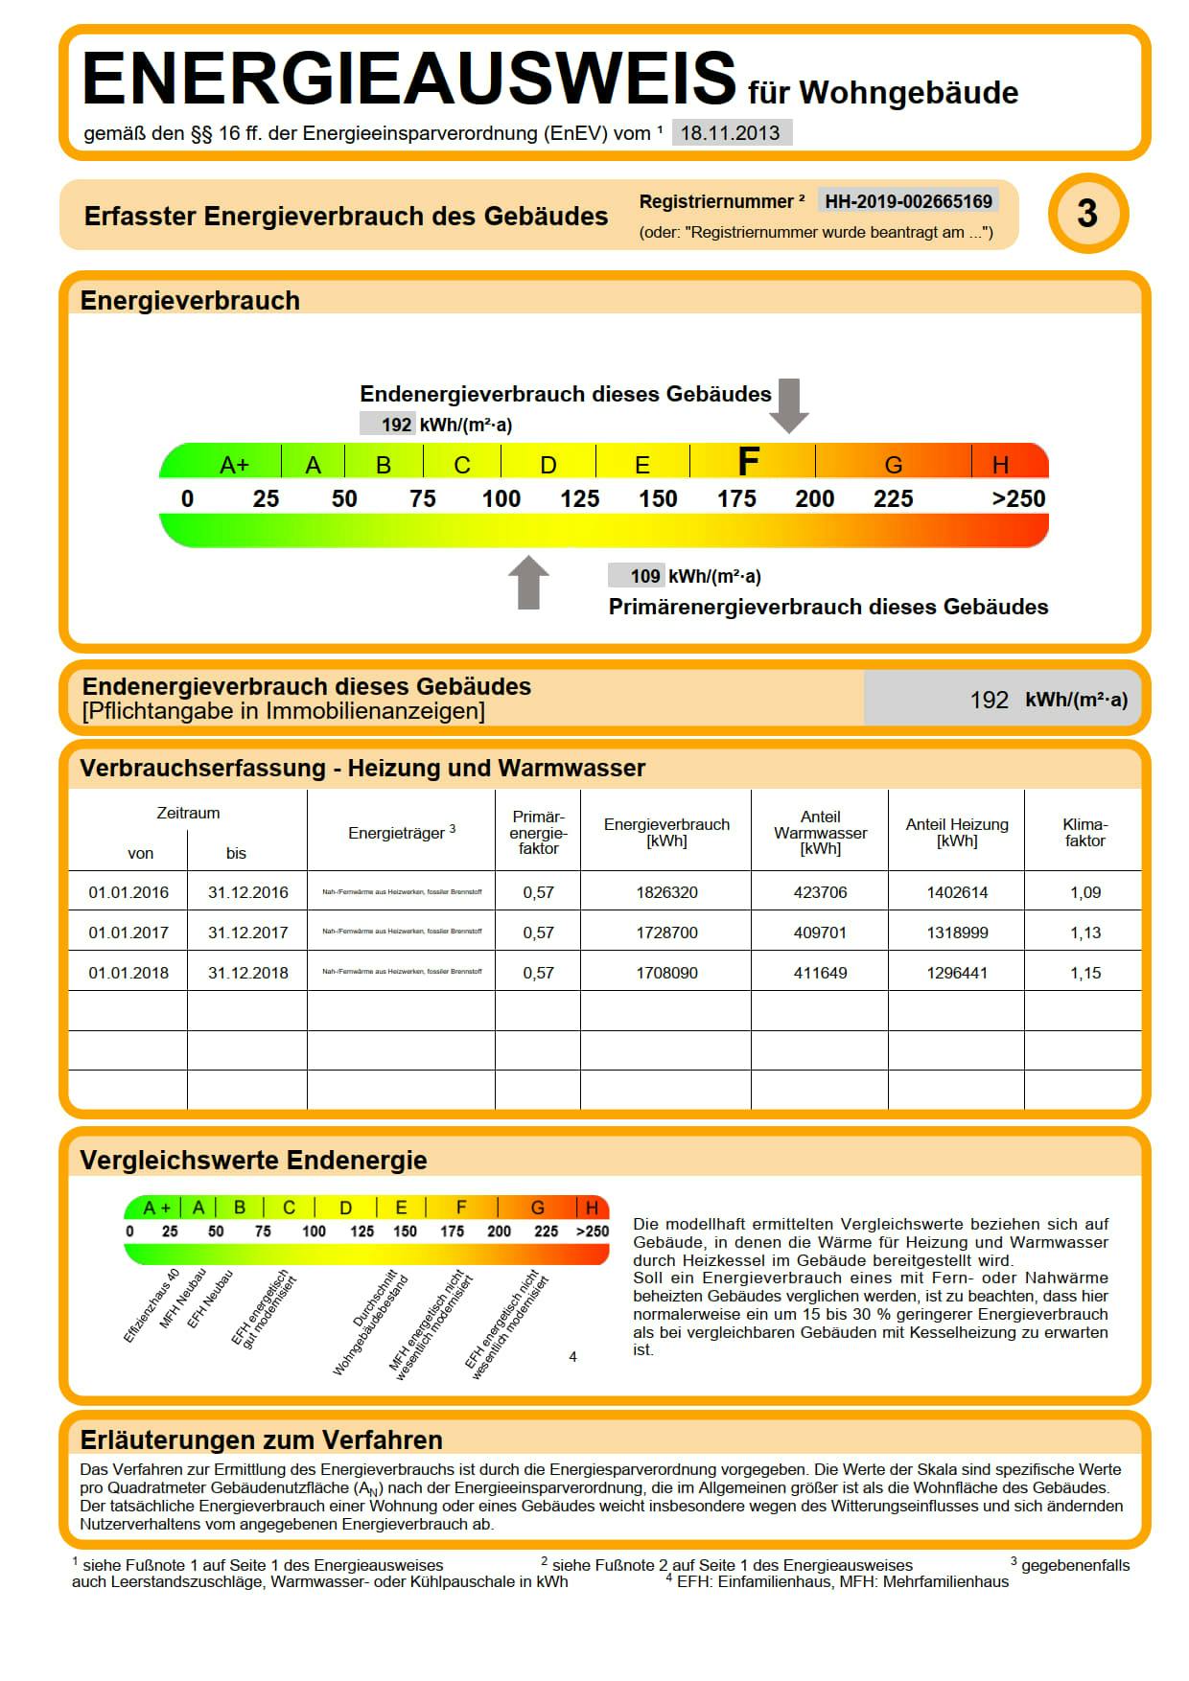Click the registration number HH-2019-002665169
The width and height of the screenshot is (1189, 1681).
pos(908,201)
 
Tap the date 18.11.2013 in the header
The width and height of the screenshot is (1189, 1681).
pos(731,133)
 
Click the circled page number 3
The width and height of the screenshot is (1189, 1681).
pos(1087,213)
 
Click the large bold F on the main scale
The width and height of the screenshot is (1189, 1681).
pos(748,462)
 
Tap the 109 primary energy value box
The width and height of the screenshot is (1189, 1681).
pos(637,576)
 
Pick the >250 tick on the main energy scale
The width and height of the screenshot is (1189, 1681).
pos(1018,498)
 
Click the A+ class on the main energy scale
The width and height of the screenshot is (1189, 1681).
pos(234,465)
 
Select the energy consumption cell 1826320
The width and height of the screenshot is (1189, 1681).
pos(666,892)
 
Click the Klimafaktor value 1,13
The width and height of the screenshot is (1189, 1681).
pos(1085,933)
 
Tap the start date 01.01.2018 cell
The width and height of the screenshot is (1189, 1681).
pos(128,973)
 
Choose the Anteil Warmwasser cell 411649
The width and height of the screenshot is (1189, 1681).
pos(820,973)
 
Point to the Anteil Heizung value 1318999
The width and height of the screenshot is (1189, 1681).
pos(957,933)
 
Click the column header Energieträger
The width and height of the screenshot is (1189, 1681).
pos(401,833)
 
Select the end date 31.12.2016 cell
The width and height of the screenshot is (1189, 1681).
pos(247,892)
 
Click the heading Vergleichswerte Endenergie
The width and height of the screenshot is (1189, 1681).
pos(253,1160)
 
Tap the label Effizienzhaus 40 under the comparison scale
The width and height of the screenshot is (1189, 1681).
pos(152,1306)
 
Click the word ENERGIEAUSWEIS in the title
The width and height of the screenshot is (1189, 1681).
pos(409,79)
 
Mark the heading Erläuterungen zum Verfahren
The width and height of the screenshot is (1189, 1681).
pos(261,1439)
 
